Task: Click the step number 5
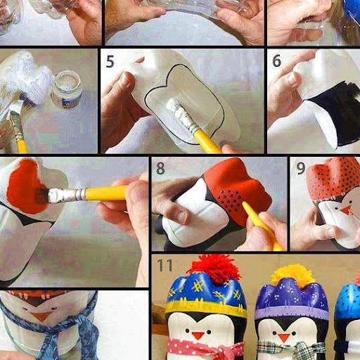tap(110, 61)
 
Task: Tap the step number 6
tap(276, 60)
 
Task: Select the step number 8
tap(160, 168)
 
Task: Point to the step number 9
tap(300, 168)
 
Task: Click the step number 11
tap(165, 265)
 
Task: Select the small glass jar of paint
tap(67, 90)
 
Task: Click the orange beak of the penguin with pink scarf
tap(198, 335)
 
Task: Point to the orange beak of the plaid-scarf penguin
tap(284, 337)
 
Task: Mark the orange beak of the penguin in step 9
tap(346, 210)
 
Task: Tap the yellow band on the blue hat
tap(206, 307)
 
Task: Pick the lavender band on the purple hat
tap(291, 312)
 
